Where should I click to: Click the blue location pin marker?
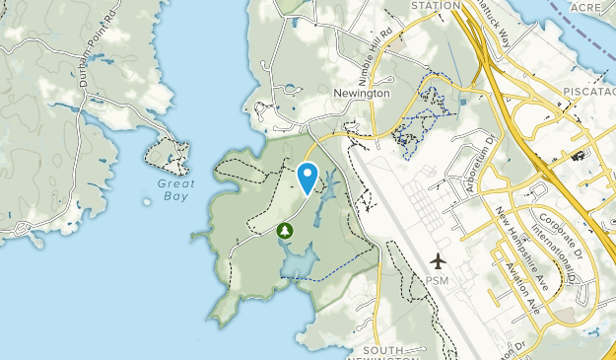pos(308,177)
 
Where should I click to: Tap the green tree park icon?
pos(286,231)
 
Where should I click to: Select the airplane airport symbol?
pos(438,261)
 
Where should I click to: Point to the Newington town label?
pos(361,93)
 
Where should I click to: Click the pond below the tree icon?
pos(302,260)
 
